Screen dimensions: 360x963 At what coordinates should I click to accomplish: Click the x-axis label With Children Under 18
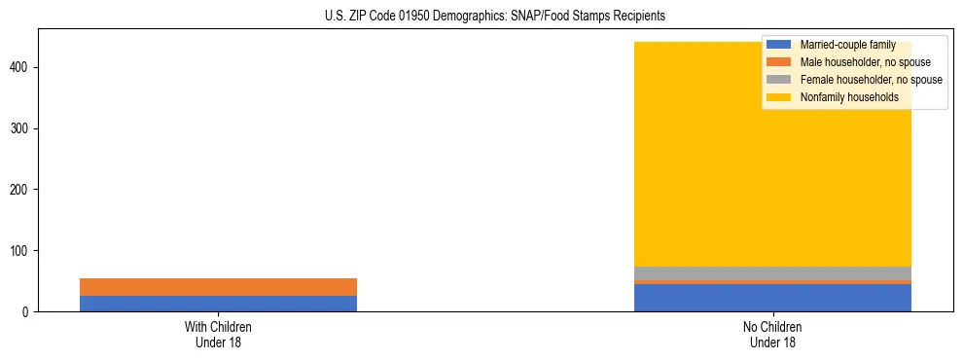pos(218,335)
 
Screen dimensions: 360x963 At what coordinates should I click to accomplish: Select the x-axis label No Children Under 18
pos(772,335)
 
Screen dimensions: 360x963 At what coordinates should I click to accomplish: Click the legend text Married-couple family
pos(847,45)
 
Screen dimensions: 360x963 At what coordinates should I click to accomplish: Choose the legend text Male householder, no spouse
pos(859,62)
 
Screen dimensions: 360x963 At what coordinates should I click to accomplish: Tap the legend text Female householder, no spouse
pos(871,80)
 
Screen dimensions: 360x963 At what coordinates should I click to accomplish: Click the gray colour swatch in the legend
pos(778,80)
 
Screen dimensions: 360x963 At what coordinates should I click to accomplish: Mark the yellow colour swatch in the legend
pos(778,97)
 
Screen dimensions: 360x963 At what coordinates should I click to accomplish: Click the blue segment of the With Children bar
pos(218,304)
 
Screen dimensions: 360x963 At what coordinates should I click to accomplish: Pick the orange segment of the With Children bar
pos(218,287)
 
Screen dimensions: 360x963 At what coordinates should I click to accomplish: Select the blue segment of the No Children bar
pos(772,298)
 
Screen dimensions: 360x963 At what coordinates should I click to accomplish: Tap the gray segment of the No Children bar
pos(772,273)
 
